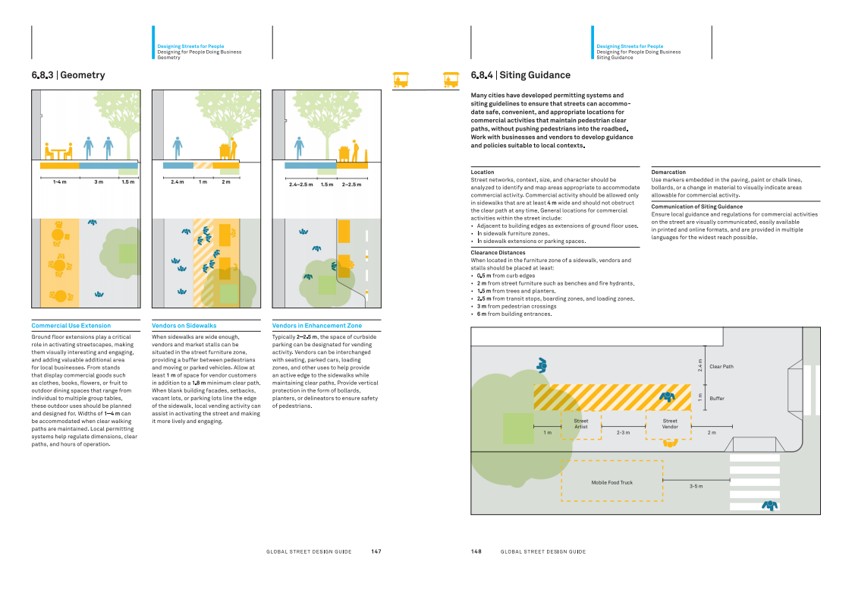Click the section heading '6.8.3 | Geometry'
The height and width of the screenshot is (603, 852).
(x=68, y=75)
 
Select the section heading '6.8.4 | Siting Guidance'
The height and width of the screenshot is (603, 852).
(x=520, y=75)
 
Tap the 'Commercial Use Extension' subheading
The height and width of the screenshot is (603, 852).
(x=71, y=326)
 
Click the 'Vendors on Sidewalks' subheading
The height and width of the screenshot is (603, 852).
(x=184, y=326)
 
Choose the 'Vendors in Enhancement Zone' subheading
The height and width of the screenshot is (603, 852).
(x=317, y=326)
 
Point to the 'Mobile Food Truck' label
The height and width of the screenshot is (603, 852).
(x=611, y=482)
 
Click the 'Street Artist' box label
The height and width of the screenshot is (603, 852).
(x=581, y=424)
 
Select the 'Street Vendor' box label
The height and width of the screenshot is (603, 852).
(x=670, y=424)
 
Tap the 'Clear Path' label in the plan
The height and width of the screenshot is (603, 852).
(x=722, y=367)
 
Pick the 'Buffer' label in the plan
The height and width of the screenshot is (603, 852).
(x=717, y=399)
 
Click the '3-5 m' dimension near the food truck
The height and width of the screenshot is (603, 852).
(x=696, y=486)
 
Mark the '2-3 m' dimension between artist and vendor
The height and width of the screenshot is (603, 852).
(x=623, y=433)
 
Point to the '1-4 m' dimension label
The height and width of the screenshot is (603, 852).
(x=60, y=182)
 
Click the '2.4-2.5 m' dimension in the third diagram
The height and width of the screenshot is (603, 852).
(x=301, y=185)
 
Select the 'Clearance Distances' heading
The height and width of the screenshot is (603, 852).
(x=498, y=253)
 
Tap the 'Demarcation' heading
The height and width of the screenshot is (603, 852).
(x=668, y=172)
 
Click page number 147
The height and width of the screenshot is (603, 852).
(x=376, y=551)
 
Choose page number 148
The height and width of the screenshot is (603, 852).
(x=476, y=551)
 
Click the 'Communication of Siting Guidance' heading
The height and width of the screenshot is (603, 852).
(x=696, y=207)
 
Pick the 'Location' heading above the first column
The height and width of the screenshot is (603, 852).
(x=483, y=172)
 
